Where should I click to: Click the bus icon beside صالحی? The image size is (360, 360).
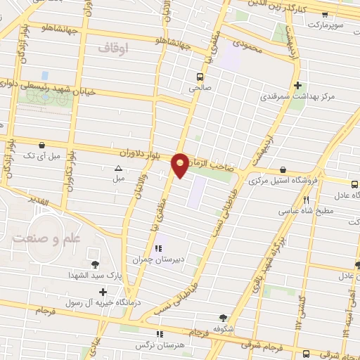[200, 77]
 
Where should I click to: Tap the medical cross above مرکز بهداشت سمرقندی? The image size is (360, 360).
[299, 84]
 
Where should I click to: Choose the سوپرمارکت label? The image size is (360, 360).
[339, 25]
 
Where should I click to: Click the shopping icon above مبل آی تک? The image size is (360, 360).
[44, 145]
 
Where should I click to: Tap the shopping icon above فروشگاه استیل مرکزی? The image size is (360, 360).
[282, 169]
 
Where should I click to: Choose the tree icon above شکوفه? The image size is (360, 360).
[224, 318]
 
